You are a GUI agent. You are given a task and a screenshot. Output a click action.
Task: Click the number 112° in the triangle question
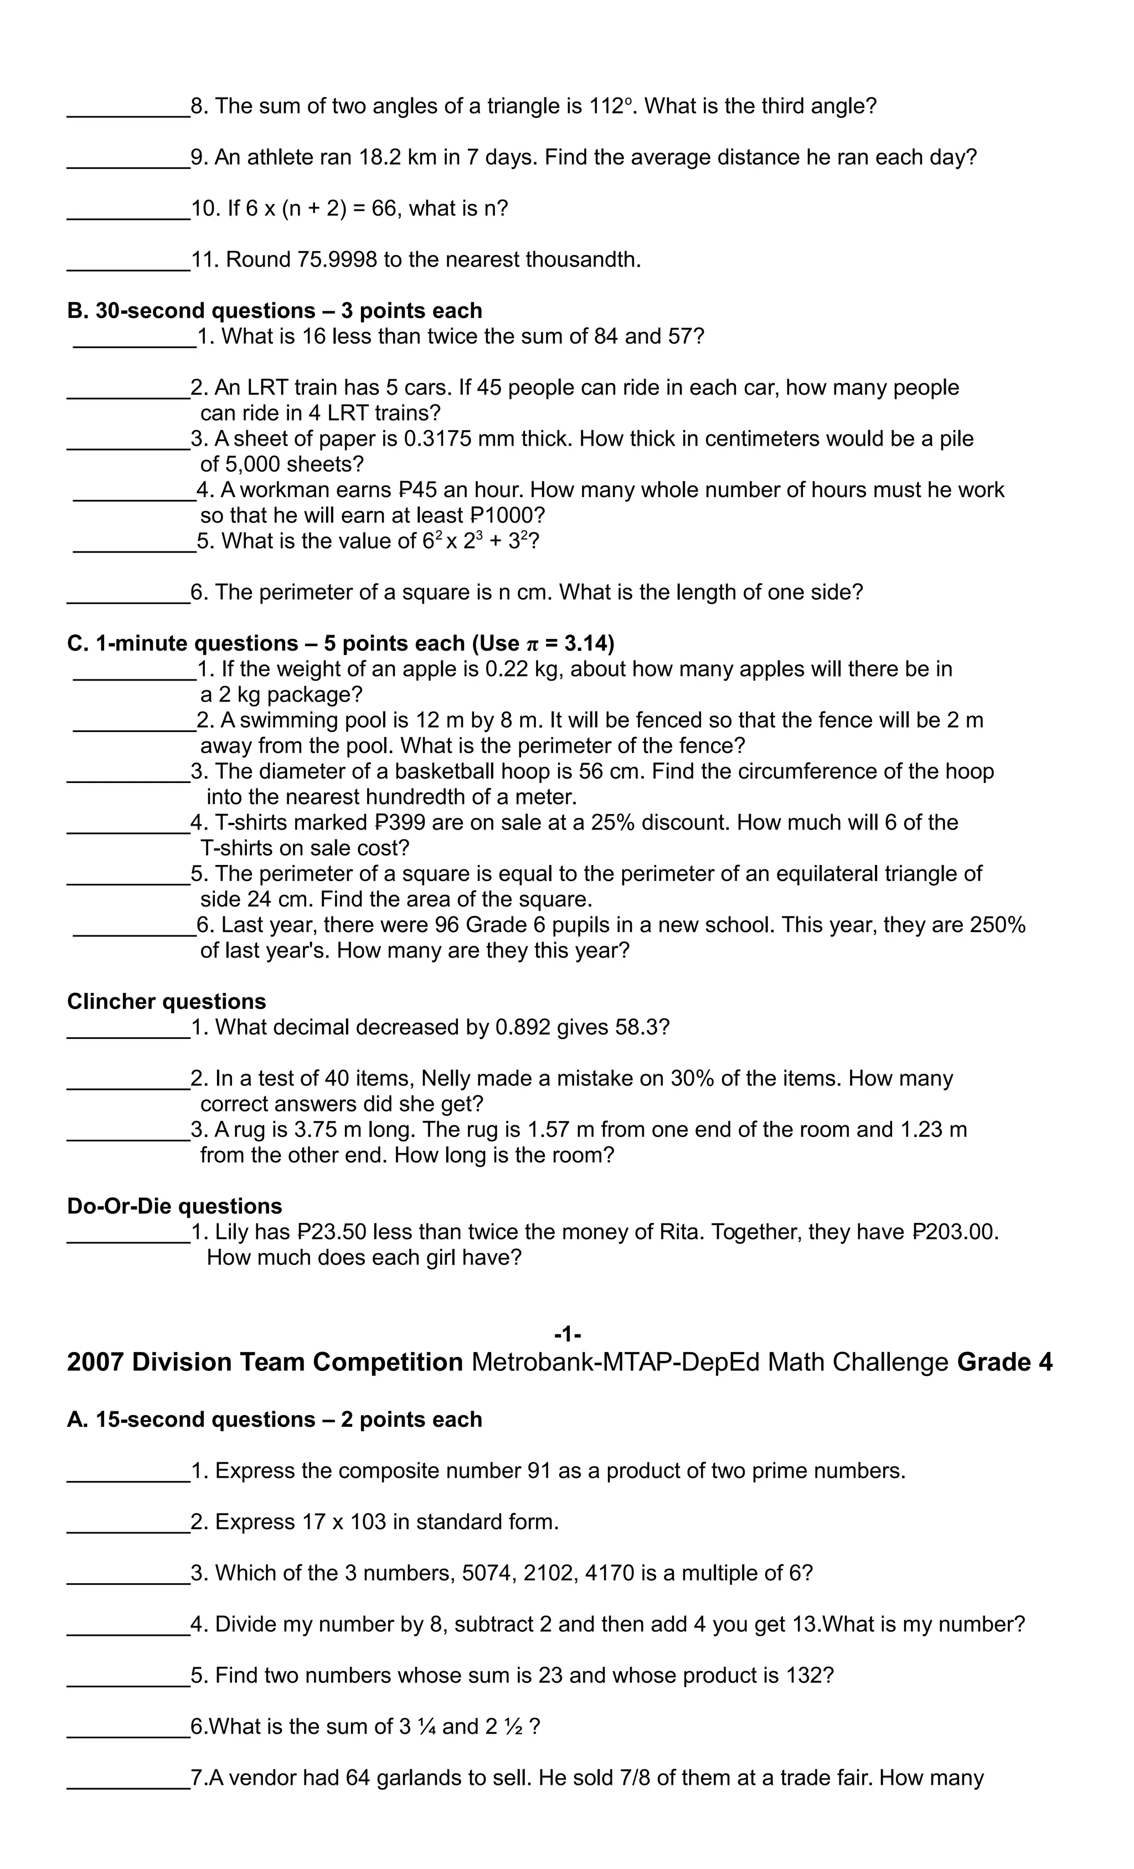pos(609,106)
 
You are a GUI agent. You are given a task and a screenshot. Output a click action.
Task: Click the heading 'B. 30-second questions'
pos(275,311)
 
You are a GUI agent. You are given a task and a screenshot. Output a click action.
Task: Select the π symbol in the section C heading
pos(533,644)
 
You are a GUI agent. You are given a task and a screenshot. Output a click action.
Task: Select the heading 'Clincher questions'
pos(166,1002)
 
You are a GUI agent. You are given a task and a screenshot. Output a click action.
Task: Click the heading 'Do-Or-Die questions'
pos(174,1207)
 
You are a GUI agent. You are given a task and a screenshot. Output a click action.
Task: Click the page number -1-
pos(567,1334)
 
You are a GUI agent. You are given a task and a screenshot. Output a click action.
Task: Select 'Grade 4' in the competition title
pos(1004,1363)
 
